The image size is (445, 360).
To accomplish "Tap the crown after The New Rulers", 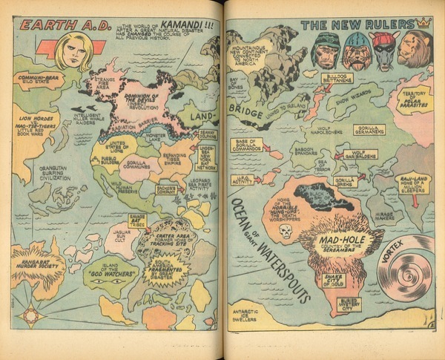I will point(423,22).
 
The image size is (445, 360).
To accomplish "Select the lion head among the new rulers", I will point(415,49).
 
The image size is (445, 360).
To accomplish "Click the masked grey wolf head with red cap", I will point(383,49).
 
